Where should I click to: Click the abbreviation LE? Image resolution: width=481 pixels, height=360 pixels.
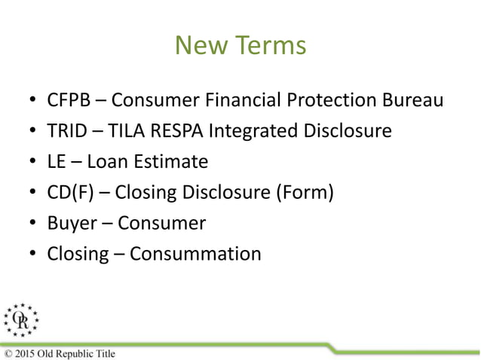(x=57, y=161)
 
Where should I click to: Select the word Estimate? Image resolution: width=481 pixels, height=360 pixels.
(x=168, y=161)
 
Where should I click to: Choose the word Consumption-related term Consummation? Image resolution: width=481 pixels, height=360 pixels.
(x=195, y=254)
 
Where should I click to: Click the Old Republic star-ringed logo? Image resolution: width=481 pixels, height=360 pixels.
(x=20, y=321)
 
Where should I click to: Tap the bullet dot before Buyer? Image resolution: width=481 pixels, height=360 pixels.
(x=32, y=224)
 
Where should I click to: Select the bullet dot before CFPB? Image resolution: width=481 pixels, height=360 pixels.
(x=32, y=100)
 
